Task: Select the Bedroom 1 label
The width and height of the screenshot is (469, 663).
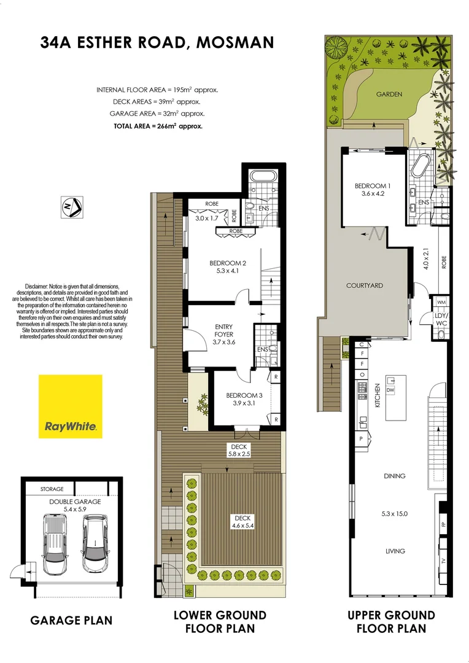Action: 371,186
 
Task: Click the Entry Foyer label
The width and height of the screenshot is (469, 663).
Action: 223,330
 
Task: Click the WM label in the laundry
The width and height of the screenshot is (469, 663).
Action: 441,303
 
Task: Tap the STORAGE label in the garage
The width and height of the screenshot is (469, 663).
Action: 52,489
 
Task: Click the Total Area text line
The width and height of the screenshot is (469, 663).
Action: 158,125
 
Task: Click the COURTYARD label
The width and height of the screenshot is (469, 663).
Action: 364,285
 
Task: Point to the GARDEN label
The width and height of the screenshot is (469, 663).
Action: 389,94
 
